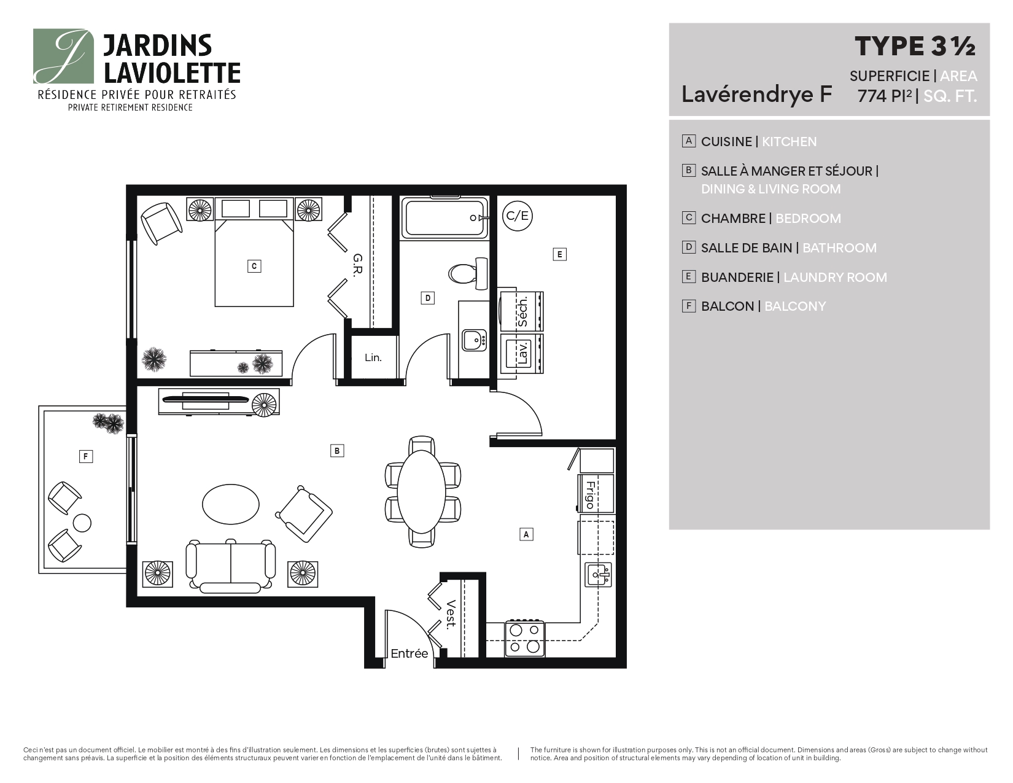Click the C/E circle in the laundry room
click(x=517, y=216)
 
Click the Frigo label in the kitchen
click(x=591, y=495)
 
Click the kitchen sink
click(x=598, y=575)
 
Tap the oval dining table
click(x=421, y=491)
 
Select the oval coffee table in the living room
click(x=231, y=504)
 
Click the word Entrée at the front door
click(x=409, y=653)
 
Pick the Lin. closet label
click(x=373, y=357)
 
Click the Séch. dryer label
click(x=522, y=312)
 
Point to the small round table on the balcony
click(x=82, y=523)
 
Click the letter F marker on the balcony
click(x=86, y=456)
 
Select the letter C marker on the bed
click(x=254, y=267)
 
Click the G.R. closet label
click(x=357, y=265)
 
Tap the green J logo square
click(x=63, y=56)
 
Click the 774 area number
click(x=872, y=96)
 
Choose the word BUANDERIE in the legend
click(x=737, y=278)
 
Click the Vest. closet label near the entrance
click(x=451, y=615)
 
